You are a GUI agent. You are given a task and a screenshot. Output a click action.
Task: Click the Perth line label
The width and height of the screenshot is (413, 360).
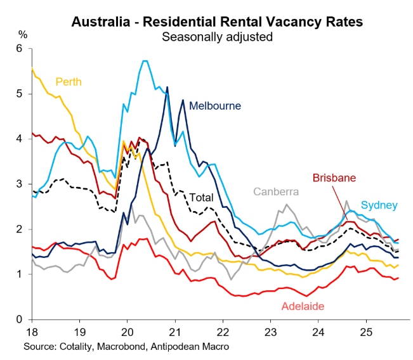(69, 82)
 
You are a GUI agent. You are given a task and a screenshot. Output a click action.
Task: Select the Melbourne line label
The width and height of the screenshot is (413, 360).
(216, 105)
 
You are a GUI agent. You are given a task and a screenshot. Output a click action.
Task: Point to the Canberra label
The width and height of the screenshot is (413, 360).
(277, 191)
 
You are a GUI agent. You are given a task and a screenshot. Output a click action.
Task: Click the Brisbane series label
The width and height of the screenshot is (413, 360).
(332, 178)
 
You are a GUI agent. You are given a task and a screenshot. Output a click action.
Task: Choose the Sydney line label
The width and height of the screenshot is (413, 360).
(379, 205)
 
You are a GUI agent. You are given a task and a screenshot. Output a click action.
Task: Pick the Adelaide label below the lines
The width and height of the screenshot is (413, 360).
(303, 307)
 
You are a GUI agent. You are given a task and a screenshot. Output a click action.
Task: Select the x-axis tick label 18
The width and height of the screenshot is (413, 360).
(31, 332)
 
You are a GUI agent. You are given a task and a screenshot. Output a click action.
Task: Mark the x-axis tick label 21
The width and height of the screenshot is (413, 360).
(174, 332)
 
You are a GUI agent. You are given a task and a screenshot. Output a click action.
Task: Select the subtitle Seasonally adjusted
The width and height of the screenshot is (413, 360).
(217, 37)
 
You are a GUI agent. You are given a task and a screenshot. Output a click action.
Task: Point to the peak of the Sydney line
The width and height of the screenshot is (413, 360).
(145, 61)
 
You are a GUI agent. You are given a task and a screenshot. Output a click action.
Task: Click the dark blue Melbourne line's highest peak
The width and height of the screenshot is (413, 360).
(167, 87)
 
